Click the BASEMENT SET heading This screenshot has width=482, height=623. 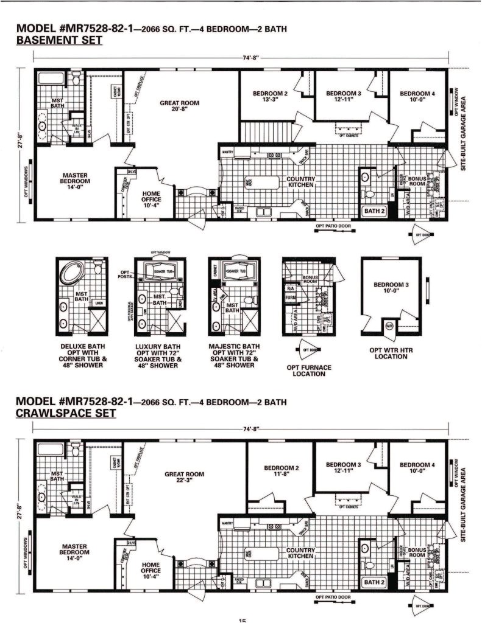click(x=59, y=41)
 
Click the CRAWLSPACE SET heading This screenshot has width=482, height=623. click(x=66, y=413)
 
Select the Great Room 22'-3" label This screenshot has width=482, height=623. click(x=184, y=478)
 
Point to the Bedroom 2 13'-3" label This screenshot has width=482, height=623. click(x=269, y=96)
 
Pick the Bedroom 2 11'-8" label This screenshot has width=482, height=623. click(x=281, y=472)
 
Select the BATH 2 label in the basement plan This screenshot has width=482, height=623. click(x=374, y=211)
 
